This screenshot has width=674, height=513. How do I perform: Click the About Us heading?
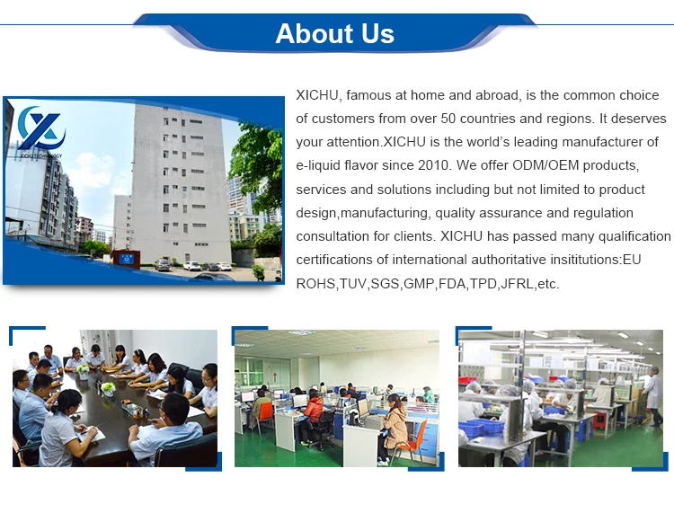click(x=335, y=33)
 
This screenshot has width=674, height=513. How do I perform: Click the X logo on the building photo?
click(x=41, y=128)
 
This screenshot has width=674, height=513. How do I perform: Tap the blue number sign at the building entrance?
click(x=127, y=259)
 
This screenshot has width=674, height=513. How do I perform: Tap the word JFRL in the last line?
click(x=517, y=284)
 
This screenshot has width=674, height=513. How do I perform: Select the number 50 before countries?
click(x=448, y=119)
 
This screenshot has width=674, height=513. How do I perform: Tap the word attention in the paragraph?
click(x=353, y=142)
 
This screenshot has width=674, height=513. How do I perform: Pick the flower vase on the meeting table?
click(x=109, y=389)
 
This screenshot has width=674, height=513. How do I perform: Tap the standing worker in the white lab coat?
click(x=653, y=396)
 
